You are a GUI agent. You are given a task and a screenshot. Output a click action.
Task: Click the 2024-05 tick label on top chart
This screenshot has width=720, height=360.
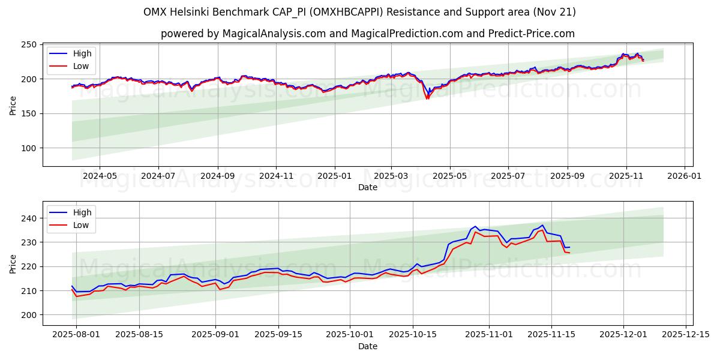point(99,176)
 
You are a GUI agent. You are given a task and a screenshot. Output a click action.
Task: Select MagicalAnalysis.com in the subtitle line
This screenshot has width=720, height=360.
point(263,34)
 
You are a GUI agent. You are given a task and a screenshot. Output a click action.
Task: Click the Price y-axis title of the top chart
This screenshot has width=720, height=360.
point(13,105)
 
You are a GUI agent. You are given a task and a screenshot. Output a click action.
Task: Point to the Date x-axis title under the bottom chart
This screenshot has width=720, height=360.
point(368,346)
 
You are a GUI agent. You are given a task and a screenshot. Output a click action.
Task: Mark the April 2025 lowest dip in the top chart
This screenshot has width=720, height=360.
point(427,98)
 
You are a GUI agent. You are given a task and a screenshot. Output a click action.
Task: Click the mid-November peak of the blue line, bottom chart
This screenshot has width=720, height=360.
point(542,226)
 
